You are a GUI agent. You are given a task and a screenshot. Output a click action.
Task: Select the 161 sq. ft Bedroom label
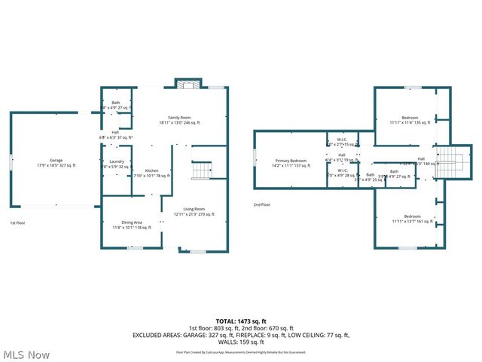click(410, 218)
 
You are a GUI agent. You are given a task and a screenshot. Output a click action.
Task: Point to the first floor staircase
click(202, 171)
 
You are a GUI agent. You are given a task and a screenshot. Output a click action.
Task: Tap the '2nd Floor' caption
click(263, 204)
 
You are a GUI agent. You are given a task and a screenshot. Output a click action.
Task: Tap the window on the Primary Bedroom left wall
click(255, 158)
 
